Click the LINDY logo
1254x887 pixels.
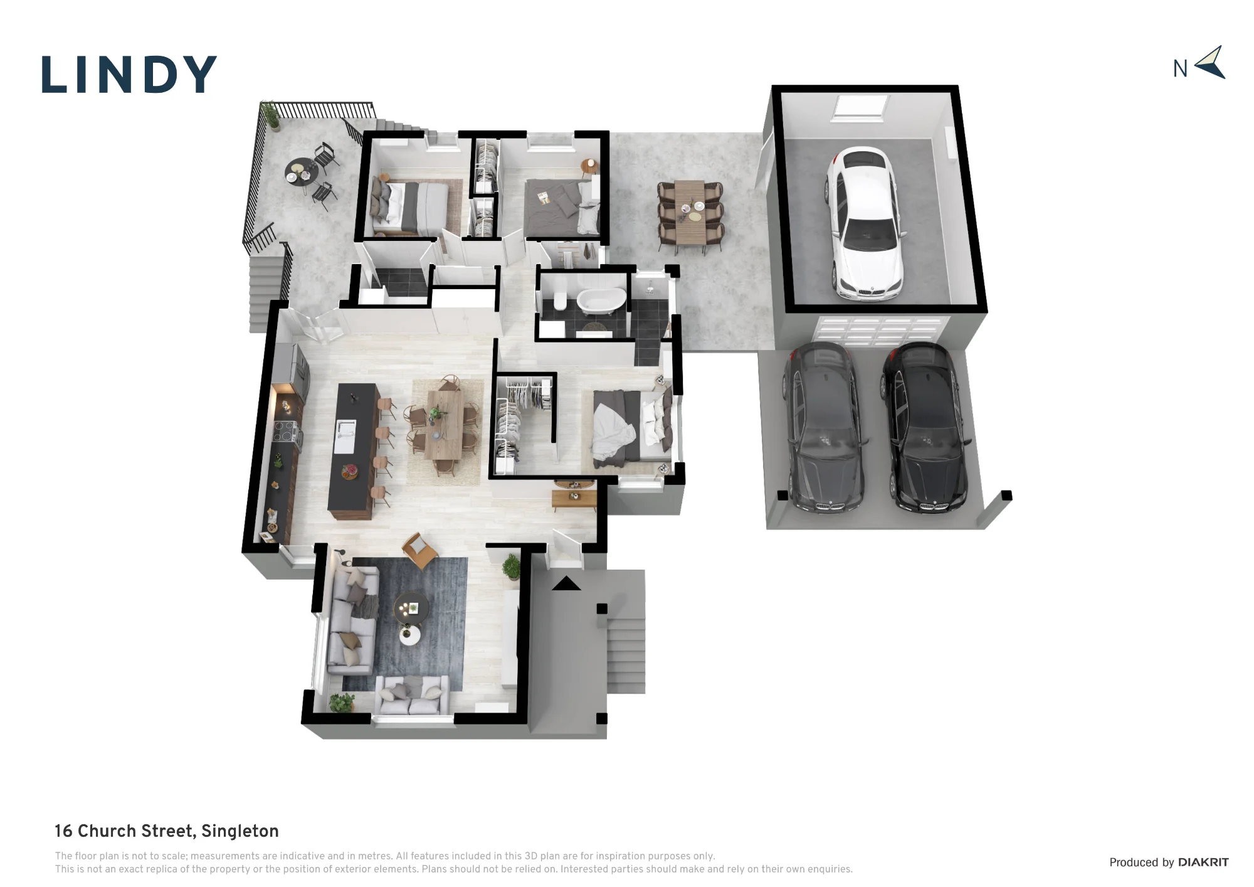(x=129, y=75)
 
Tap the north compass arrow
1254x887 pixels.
(x=1211, y=63)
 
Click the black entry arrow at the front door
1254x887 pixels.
(x=566, y=583)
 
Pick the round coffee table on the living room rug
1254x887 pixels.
(x=411, y=608)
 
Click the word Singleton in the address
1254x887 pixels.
(x=240, y=831)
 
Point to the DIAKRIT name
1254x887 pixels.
(x=1203, y=863)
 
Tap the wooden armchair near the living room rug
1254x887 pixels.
(x=419, y=550)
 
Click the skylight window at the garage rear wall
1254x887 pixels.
(x=860, y=107)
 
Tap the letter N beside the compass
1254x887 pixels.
(x=1180, y=68)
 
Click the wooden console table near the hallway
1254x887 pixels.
(x=574, y=498)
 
